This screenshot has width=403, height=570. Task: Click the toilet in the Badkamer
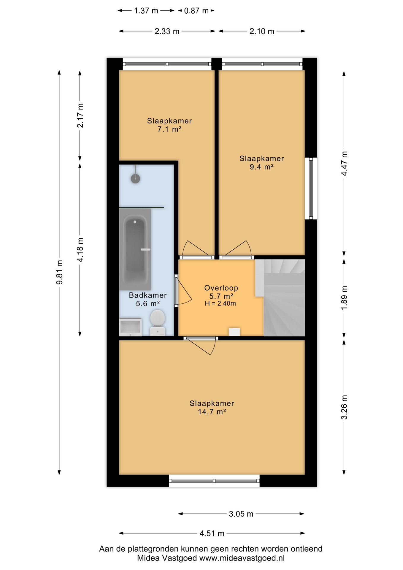pyautogui.click(x=157, y=322)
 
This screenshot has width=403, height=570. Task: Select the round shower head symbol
pyautogui.click(x=135, y=178)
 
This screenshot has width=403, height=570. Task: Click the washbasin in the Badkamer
pyautogui.click(x=130, y=327)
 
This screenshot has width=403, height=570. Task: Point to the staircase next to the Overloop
pyautogui.click(x=280, y=298)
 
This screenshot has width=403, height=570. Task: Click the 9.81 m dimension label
pyautogui.click(x=59, y=272)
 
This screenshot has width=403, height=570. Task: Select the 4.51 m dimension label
pyautogui.click(x=212, y=533)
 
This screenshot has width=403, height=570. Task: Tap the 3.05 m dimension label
pyautogui.click(x=241, y=514)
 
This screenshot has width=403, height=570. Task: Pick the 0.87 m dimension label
pyautogui.click(x=196, y=11)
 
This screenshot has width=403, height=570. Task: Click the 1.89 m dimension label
pyautogui.click(x=344, y=298)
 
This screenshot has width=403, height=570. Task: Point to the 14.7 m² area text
pyautogui.click(x=212, y=412)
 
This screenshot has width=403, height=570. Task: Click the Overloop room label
pyautogui.click(x=221, y=288)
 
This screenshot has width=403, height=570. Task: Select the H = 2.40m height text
pyautogui.click(x=220, y=303)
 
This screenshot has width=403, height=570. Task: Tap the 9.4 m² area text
pyautogui.click(x=261, y=167)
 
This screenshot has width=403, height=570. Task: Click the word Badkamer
pyautogui.click(x=148, y=295)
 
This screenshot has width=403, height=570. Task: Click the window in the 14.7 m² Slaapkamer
pyautogui.click(x=214, y=481)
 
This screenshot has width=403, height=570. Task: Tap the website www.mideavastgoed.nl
pyautogui.click(x=242, y=558)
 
